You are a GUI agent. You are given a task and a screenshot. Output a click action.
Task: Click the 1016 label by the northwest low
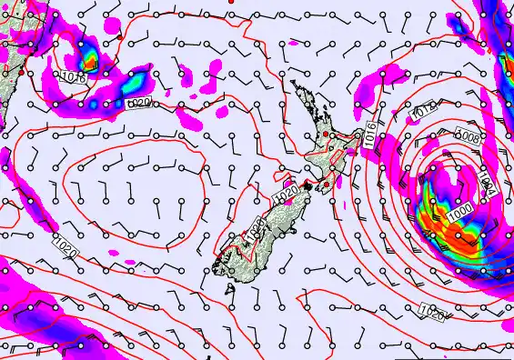coord(76,79)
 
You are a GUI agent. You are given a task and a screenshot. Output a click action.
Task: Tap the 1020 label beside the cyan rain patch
coord(137,105)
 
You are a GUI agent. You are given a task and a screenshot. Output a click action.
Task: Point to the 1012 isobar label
coord(424,111)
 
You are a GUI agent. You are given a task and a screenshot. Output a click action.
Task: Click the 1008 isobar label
coord(469,136)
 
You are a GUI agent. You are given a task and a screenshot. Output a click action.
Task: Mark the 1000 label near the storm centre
coord(459,212)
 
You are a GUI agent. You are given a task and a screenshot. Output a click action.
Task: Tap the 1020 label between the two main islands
coord(285,195)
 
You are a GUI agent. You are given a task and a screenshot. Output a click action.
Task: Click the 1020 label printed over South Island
coord(257,228)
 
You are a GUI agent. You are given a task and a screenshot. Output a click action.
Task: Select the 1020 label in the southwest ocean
coord(65,245)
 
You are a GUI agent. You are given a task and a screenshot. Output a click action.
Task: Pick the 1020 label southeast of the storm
coord(432,314)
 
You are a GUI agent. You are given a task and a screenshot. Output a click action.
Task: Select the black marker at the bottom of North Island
coord(310,186)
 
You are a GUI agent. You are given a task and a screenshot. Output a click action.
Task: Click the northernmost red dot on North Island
coord(326,135)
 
